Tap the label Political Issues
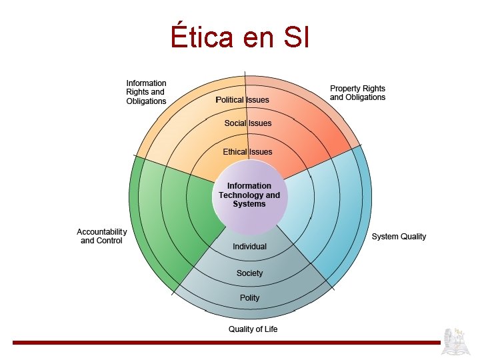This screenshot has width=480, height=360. click(243, 100)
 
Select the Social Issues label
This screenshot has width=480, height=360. click(247, 123)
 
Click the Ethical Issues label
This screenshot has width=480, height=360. click(247, 152)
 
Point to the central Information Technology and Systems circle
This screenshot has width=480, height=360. click(249, 195)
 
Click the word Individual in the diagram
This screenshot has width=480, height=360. click(249, 247)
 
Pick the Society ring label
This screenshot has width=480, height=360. click(249, 273)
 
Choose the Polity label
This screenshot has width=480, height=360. click(249, 298)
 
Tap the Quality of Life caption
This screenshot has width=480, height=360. click(253, 329)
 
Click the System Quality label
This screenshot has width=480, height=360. click(399, 237)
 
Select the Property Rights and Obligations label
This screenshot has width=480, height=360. click(357, 93)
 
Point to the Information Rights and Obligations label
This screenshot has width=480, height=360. click(146, 92)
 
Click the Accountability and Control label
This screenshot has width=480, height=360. click(101, 236)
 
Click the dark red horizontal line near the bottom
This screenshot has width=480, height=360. click(227, 343)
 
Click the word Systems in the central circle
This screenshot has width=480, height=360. click(249, 204)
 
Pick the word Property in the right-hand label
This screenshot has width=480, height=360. click(345, 88)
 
